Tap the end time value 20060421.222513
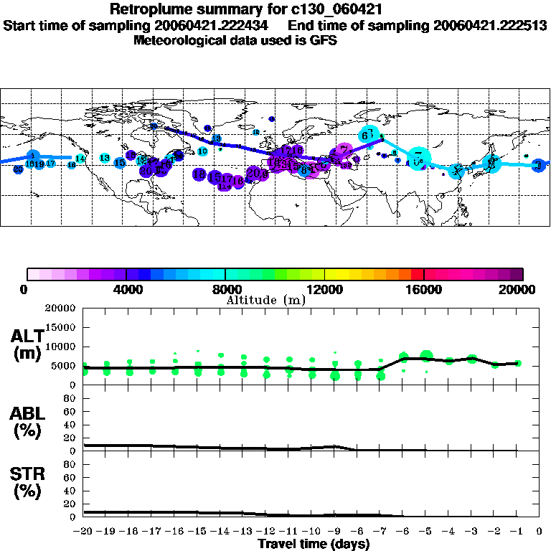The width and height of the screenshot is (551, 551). click(491, 26)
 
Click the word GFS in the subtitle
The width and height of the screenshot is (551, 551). click(324, 40)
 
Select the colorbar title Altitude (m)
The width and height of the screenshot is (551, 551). click(265, 300)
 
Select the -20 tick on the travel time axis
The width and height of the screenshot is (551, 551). click(84, 532)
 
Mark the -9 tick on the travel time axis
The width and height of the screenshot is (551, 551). click(334, 532)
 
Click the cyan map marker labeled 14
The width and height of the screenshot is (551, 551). click(80, 158)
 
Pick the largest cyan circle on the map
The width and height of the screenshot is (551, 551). click(418, 159)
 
